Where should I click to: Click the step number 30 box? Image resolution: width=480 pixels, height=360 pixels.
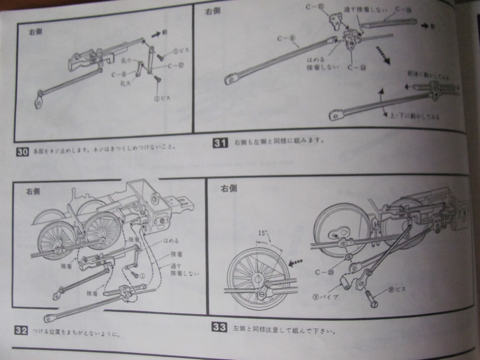pyautogui.click(x=22, y=152)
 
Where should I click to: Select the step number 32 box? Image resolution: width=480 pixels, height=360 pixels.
pyautogui.click(x=21, y=330)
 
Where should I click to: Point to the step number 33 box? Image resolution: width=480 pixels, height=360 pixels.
pyautogui.click(x=219, y=327)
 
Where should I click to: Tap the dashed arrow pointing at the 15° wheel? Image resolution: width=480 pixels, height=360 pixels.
pyautogui.click(x=295, y=263)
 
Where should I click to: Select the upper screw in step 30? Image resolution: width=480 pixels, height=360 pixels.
pyautogui.click(x=160, y=57)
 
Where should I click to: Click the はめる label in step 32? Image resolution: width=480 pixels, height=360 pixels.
pyautogui.click(x=171, y=240)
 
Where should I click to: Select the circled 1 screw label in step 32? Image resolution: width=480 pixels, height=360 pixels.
pyautogui.click(x=142, y=276)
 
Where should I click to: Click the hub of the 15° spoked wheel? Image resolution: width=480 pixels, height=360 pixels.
pyautogui.click(x=257, y=280)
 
